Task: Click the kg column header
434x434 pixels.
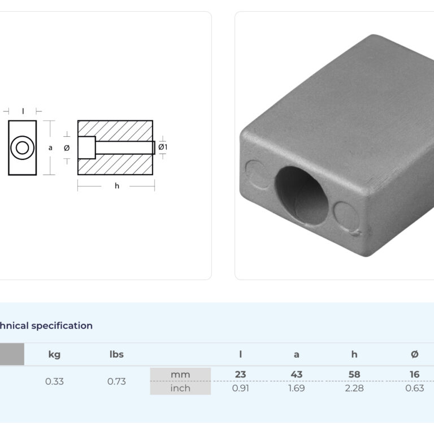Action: (x=54, y=354)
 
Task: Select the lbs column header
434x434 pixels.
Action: (x=116, y=354)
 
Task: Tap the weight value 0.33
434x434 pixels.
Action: (x=54, y=381)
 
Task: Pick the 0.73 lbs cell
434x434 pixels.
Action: (x=116, y=381)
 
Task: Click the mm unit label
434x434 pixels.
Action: (x=180, y=375)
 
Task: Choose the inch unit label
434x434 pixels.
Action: (x=180, y=388)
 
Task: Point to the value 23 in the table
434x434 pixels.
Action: (x=240, y=375)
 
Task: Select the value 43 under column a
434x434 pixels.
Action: (x=297, y=375)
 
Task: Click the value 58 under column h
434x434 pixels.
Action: (x=354, y=375)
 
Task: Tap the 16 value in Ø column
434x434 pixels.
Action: (x=414, y=375)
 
